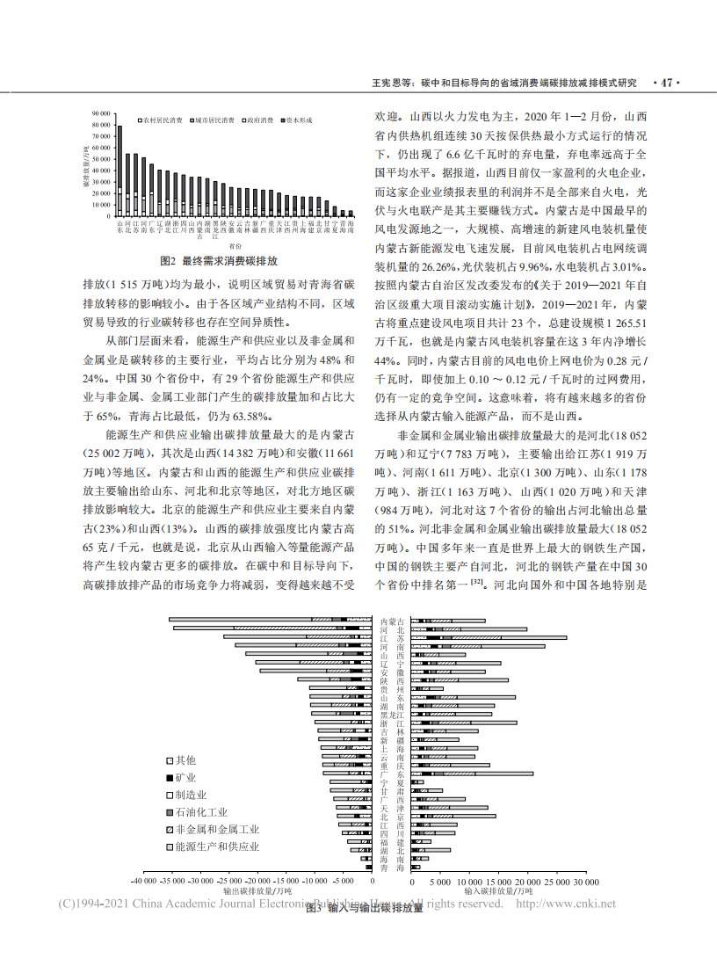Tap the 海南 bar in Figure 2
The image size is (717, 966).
pos(351,213)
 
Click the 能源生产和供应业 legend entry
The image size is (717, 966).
pos(211,846)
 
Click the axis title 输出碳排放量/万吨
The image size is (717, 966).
pos(256,890)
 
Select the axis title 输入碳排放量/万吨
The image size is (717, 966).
pos(483,890)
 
